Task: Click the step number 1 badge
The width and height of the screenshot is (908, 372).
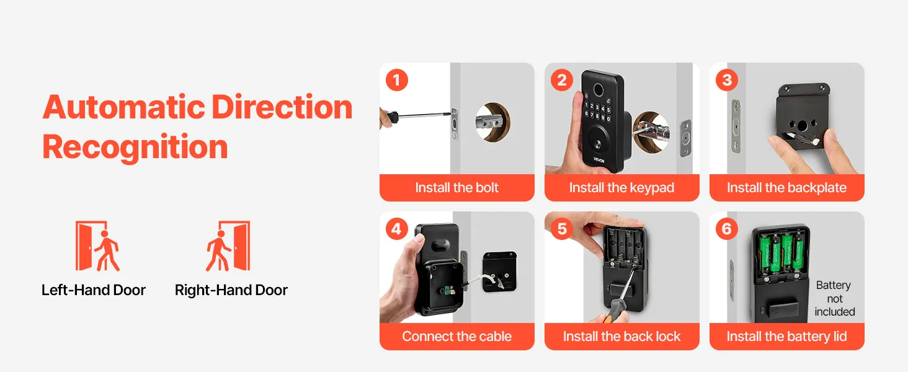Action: [397, 80]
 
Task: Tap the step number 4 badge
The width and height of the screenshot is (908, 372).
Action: [397, 229]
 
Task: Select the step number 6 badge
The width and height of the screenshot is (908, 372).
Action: [727, 229]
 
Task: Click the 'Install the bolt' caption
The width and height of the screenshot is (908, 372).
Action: [457, 188]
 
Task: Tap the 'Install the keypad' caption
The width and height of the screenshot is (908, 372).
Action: [622, 188]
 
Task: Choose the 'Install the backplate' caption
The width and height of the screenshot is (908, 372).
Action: [787, 188]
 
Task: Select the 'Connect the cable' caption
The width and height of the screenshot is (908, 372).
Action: [457, 336]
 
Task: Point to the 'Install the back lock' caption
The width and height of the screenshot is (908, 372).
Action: [622, 336]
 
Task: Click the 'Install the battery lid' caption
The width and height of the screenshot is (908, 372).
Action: [787, 336]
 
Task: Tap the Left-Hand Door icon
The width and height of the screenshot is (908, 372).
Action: [97, 246]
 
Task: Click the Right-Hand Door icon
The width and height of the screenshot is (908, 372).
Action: [228, 246]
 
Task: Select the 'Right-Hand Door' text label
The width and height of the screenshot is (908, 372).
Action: [231, 290]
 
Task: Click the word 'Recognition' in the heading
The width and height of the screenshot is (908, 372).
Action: [135, 147]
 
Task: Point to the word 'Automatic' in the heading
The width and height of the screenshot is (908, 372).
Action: [124, 107]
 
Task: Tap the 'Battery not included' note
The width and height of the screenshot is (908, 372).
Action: [835, 298]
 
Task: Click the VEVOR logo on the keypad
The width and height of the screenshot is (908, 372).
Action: [599, 160]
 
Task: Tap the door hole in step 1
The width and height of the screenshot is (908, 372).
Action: [493, 122]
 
